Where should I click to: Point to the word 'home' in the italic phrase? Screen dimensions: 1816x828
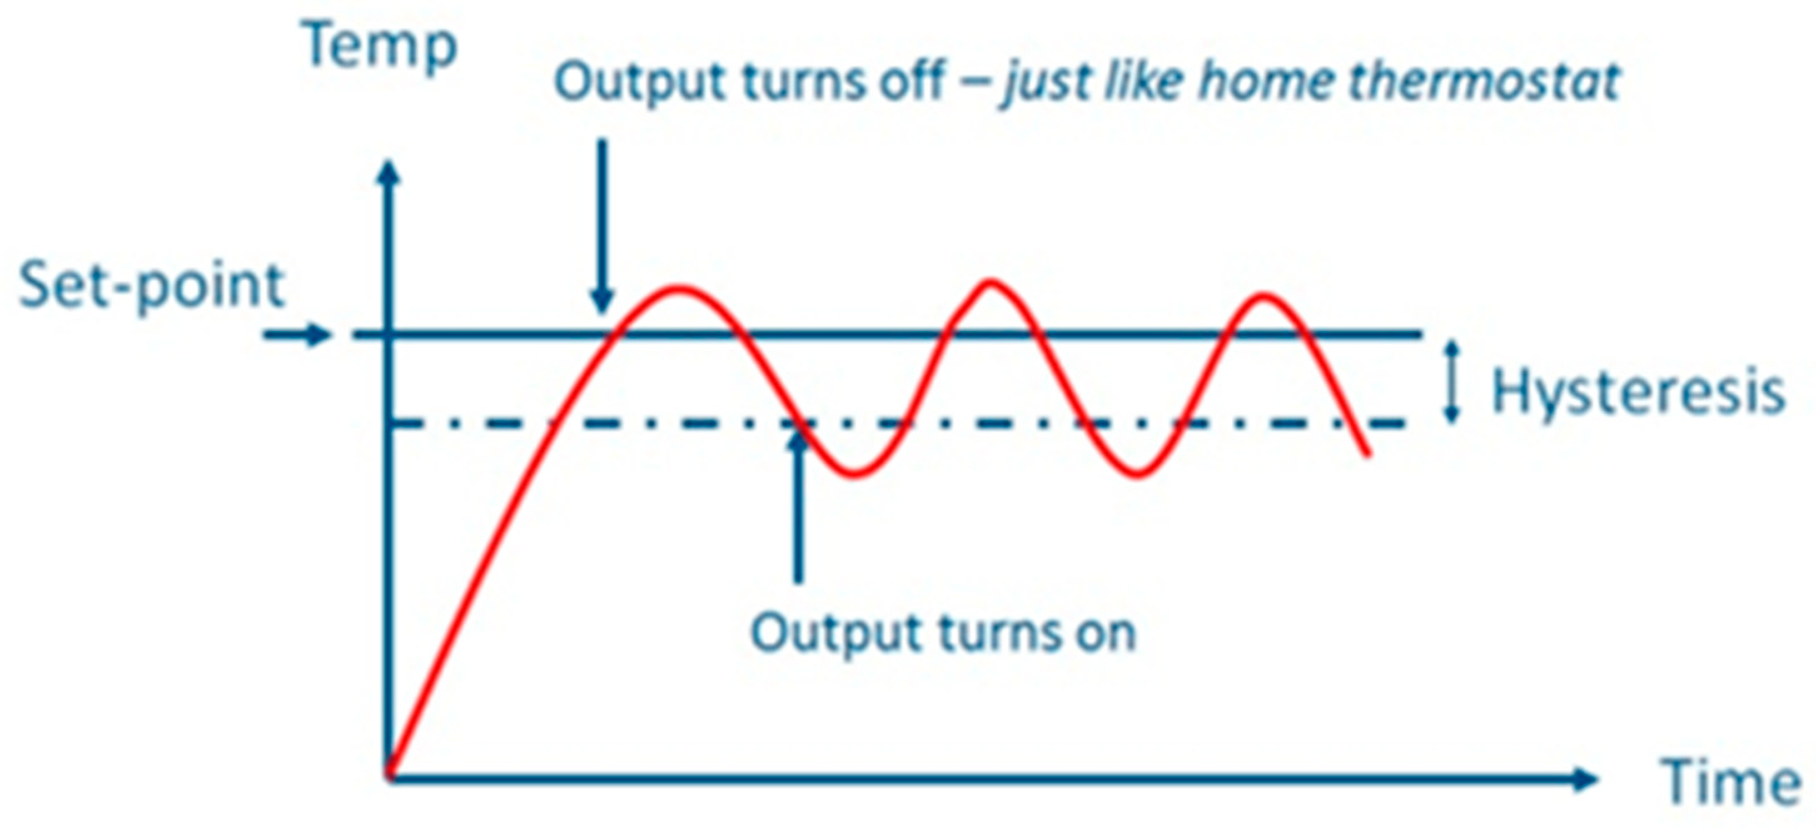click(x=1266, y=82)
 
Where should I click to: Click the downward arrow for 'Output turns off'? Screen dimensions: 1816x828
click(x=601, y=226)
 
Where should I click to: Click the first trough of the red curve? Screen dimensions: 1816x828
click(x=854, y=474)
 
